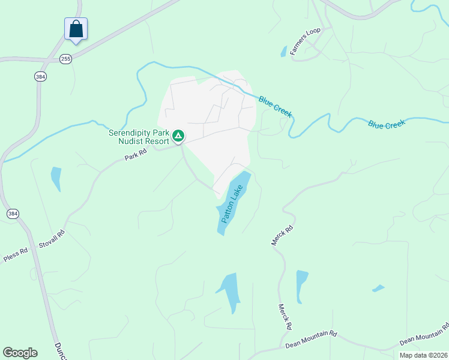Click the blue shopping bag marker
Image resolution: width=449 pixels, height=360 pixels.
click(x=76, y=29)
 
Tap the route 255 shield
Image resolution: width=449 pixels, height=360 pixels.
click(x=65, y=58)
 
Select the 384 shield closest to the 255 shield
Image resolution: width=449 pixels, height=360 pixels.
click(x=41, y=76)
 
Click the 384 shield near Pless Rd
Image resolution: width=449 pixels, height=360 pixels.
click(x=13, y=214)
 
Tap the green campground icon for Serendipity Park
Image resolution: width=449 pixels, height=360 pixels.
click(x=178, y=136)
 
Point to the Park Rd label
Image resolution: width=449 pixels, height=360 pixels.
click(x=136, y=155)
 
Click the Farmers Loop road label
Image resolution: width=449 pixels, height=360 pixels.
click(x=306, y=41)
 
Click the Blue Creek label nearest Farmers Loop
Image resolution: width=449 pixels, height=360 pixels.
click(x=275, y=106)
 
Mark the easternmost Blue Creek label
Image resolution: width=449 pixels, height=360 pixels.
click(x=387, y=124)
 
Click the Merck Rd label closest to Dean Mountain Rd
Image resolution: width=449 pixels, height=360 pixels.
click(x=285, y=316)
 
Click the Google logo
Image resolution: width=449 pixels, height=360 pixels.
click(x=20, y=353)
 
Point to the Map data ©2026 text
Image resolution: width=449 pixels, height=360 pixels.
click(x=423, y=355)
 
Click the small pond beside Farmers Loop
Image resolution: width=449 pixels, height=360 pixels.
click(x=283, y=52)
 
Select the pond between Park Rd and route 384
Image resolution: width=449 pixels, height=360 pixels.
click(x=56, y=178)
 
